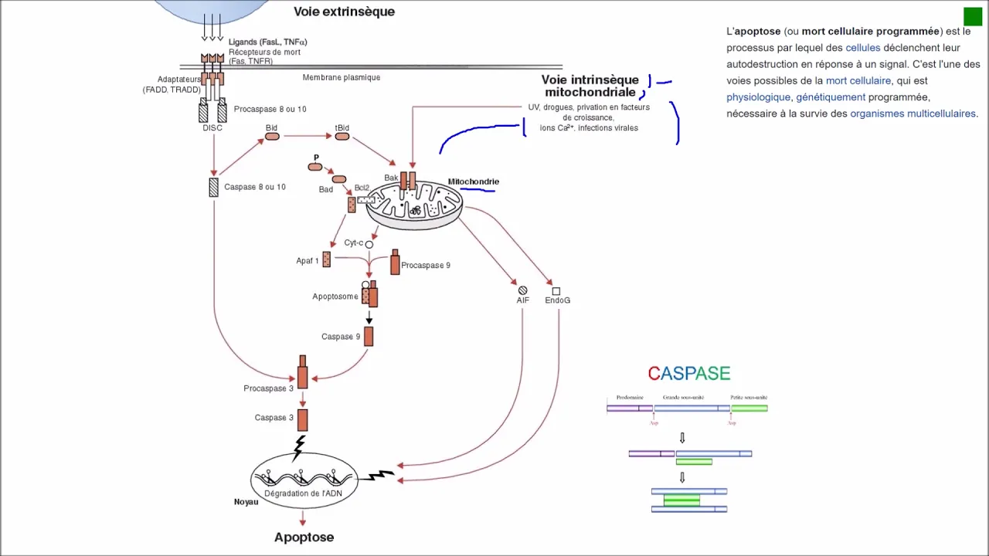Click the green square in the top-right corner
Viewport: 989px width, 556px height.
coord(972,16)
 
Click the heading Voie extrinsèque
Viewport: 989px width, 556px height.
coord(344,12)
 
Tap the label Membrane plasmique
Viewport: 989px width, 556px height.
coord(342,77)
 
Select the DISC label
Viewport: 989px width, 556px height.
coord(212,128)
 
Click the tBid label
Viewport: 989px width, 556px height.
coord(342,127)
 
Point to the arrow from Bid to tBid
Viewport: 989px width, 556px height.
coord(306,137)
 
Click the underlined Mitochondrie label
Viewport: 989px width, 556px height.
coord(474,182)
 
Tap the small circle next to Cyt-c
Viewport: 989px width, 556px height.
coord(369,245)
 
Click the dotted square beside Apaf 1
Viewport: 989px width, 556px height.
coord(326,259)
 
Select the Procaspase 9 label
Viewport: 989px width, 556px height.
coord(426,266)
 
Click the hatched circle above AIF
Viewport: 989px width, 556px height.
coord(523,290)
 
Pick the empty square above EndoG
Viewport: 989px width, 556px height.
coord(556,291)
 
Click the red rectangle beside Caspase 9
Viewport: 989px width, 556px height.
coord(369,336)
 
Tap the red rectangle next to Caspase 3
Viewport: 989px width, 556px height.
coord(302,419)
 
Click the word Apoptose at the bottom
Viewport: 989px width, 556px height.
coord(304,537)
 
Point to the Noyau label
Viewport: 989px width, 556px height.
coord(246,502)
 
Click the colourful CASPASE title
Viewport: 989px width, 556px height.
coord(689,374)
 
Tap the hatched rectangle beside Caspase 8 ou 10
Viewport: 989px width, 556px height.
coord(213,187)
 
